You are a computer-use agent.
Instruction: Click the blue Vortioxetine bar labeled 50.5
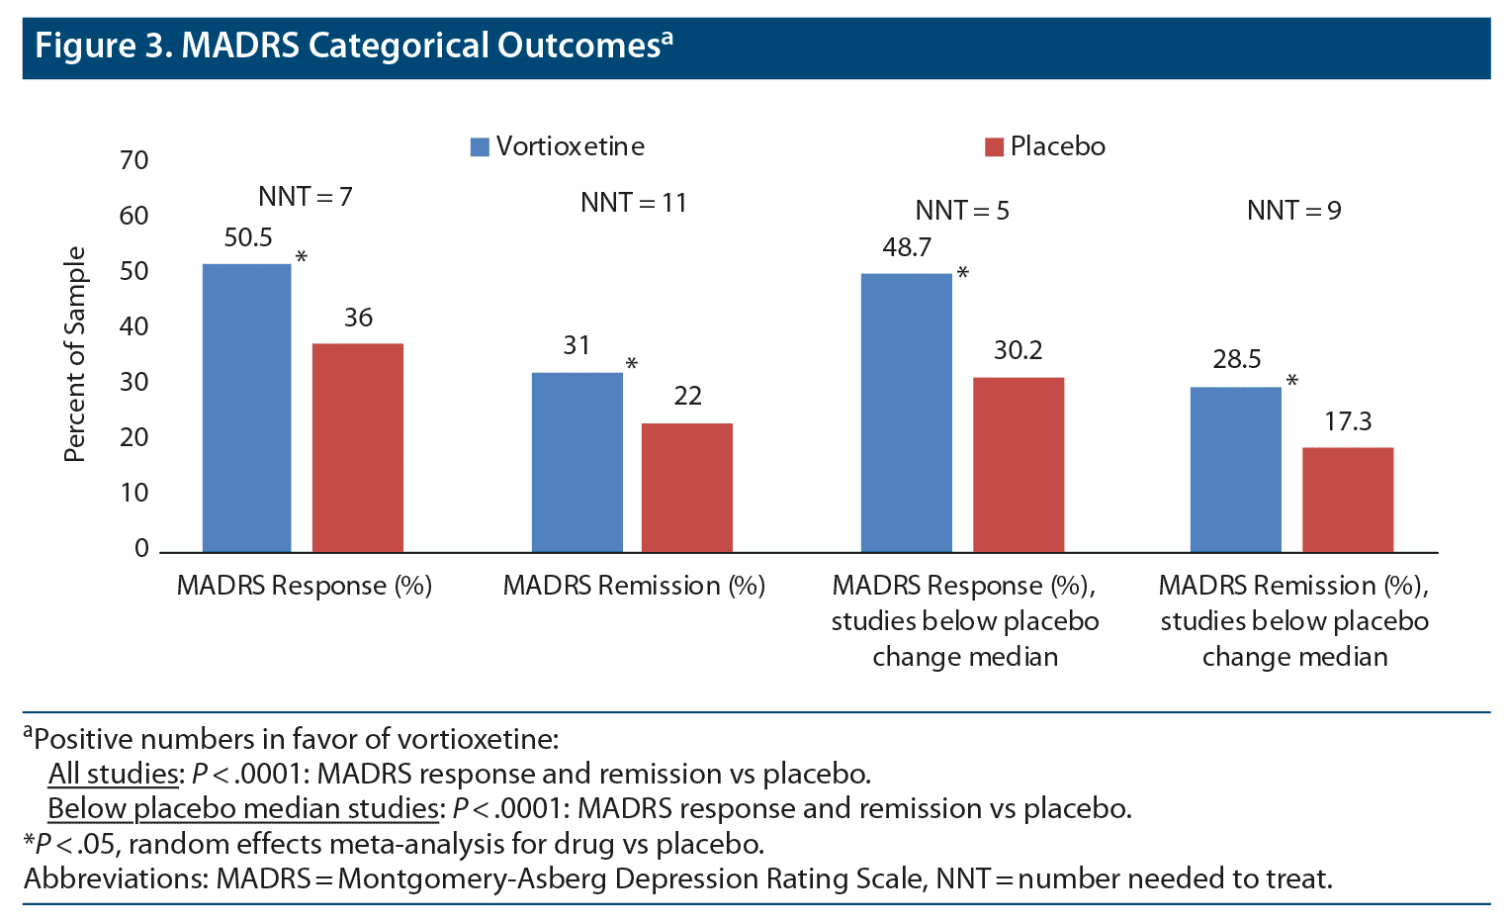247,408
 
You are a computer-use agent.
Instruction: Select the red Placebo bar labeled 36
358,447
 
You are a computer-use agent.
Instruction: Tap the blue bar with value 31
577,462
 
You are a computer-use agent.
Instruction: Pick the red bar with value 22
687,488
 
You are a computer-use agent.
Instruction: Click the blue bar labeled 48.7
907,413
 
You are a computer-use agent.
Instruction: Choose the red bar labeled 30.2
1019,465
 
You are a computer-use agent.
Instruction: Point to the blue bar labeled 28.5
1236,469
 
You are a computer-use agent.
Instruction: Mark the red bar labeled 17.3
1348,500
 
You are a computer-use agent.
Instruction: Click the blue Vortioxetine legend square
480,147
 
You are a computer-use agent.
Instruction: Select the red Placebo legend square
994,147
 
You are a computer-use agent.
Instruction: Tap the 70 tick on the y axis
134,160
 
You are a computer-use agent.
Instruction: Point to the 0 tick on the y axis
142,548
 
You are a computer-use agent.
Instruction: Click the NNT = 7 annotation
305,197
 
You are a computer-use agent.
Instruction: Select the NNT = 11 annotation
633,203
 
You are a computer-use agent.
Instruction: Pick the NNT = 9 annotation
1293,211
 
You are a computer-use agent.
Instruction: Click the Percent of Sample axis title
75,354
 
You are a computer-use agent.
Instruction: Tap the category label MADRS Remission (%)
634,586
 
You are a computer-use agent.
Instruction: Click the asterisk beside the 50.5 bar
302,258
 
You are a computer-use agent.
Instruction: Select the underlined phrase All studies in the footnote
114,774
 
